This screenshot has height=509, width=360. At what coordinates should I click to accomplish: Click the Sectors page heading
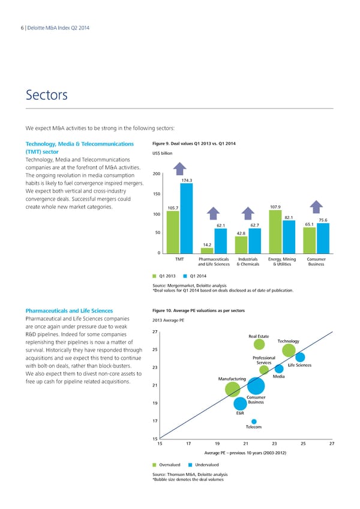pos(47,95)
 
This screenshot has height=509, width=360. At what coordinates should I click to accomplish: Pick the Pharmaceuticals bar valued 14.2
pos(206,250)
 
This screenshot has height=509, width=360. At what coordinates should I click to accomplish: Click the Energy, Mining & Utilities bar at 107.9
pos(275,232)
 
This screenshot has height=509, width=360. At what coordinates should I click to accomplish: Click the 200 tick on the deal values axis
pos(157,157)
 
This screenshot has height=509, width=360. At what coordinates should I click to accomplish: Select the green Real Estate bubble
pos(259,345)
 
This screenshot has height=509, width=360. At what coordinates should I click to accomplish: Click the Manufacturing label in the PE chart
pos(232,378)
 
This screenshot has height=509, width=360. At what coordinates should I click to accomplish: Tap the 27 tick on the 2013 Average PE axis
pos(155,333)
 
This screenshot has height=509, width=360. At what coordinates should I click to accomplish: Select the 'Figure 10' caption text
pos(199,310)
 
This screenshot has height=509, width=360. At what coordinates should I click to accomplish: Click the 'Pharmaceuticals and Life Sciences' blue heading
pos(69,310)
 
